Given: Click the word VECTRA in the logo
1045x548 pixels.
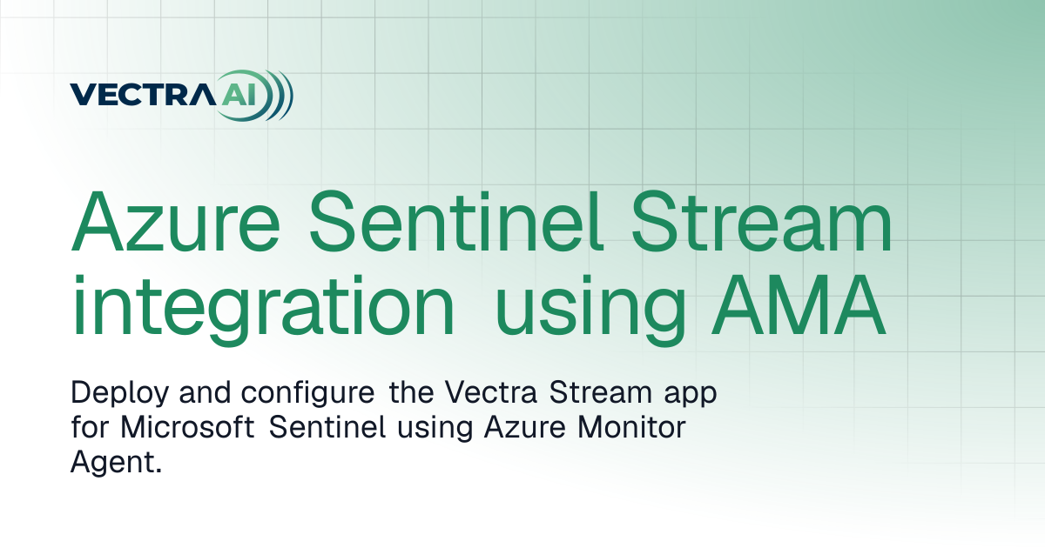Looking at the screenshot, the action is pyautogui.click(x=143, y=95).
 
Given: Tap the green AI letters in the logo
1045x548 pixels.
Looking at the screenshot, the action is pyautogui.click(x=239, y=95).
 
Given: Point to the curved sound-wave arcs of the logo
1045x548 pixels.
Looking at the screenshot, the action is pyautogui.click(x=279, y=96).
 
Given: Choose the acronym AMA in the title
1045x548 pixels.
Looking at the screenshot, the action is pyautogui.click(x=799, y=305).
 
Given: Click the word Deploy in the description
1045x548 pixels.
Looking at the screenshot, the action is pyautogui.click(x=119, y=394).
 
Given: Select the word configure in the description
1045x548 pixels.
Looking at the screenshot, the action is pyautogui.click(x=307, y=394).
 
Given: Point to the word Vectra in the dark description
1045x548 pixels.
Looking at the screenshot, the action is pyautogui.click(x=490, y=392).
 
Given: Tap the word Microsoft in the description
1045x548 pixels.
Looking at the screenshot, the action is pyautogui.click(x=187, y=426).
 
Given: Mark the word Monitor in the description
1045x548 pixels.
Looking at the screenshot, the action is pyautogui.click(x=631, y=427).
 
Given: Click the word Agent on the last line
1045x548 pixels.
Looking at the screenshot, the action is pyautogui.click(x=112, y=463).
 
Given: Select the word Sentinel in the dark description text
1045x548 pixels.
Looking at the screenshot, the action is pyautogui.click(x=327, y=427).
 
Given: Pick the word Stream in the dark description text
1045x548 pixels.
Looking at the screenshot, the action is pyautogui.click(x=600, y=392).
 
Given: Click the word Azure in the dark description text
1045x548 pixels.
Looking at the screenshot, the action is pyautogui.click(x=524, y=427).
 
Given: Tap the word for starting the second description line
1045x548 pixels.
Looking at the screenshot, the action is pyautogui.click(x=90, y=426).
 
